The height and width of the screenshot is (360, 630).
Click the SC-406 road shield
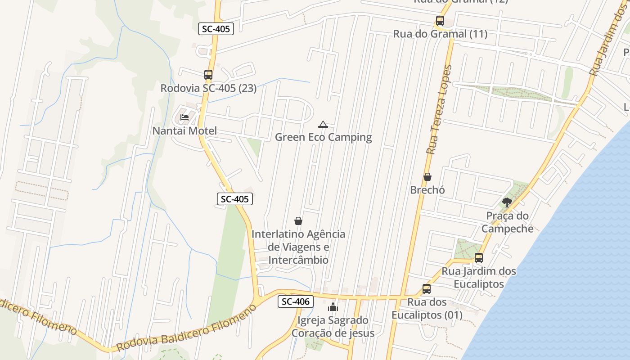pos(295,301)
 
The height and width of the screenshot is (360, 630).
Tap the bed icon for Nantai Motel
pos(184,117)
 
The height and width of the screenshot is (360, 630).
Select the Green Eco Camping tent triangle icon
pos(323,124)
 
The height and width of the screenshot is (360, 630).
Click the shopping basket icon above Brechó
pos(427,177)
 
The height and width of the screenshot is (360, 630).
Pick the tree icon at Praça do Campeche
pos(507,202)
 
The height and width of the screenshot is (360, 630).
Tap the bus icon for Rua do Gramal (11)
pos(440,21)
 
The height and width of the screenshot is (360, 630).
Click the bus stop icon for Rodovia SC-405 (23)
pos(208,75)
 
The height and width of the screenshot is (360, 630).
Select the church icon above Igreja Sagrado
pos(333,307)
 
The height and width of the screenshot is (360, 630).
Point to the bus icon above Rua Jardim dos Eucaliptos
pos(479,258)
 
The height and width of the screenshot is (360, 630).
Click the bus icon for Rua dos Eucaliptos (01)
pos(426,289)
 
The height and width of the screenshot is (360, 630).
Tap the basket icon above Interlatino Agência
pos(298,221)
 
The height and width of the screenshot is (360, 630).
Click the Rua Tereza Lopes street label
pos(439,109)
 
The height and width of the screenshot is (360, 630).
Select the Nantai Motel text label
pos(184,131)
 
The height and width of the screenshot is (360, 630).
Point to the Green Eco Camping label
pos(323,137)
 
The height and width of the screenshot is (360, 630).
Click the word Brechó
pos(427,190)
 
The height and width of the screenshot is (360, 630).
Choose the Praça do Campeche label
pos(507,222)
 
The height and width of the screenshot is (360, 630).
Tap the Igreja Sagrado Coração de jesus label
pos(333,327)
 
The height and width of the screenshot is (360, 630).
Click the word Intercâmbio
pos(298,260)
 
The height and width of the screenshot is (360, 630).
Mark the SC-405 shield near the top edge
pos(216,29)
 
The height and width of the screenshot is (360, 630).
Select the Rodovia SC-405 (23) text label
pos(208,88)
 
